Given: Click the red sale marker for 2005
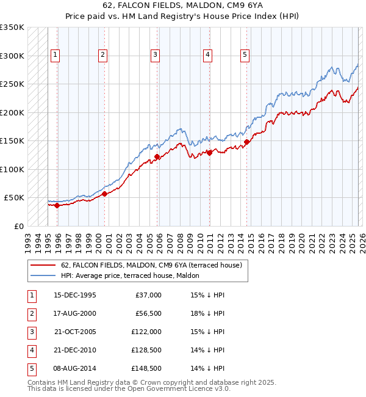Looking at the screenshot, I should point(157,157).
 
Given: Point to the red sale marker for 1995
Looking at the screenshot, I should point(57,205).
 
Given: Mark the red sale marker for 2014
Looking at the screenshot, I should point(247,142).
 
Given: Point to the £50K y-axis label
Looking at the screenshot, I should point(14,198).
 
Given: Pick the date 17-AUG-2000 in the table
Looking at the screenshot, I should point(75,313).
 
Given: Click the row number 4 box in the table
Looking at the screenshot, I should point(31,350).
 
